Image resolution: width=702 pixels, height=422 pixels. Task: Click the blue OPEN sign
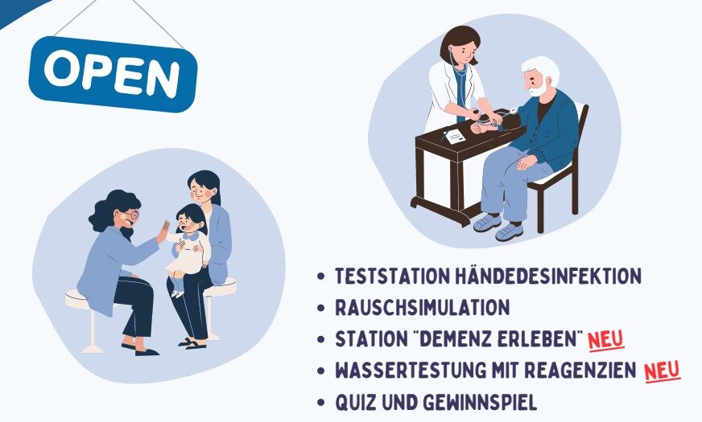(113, 73)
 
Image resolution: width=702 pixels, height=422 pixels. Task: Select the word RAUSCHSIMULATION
(423, 308)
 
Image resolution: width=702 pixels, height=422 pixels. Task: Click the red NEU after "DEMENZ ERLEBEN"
(606, 339)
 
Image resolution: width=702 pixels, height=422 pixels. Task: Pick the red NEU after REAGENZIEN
(662, 371)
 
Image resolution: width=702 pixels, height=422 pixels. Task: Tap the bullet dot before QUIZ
(321, 402)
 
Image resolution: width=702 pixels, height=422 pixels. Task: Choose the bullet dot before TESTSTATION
(321, 277)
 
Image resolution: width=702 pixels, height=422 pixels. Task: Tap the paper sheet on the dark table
(455, 136)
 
